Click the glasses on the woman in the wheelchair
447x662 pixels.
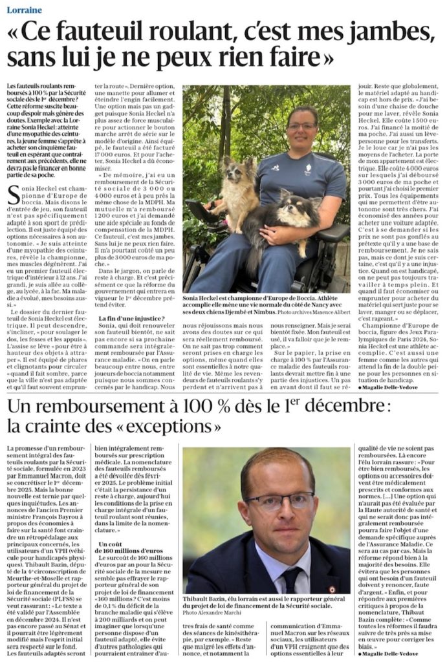point(301,126)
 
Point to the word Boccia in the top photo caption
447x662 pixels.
point(317,299)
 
